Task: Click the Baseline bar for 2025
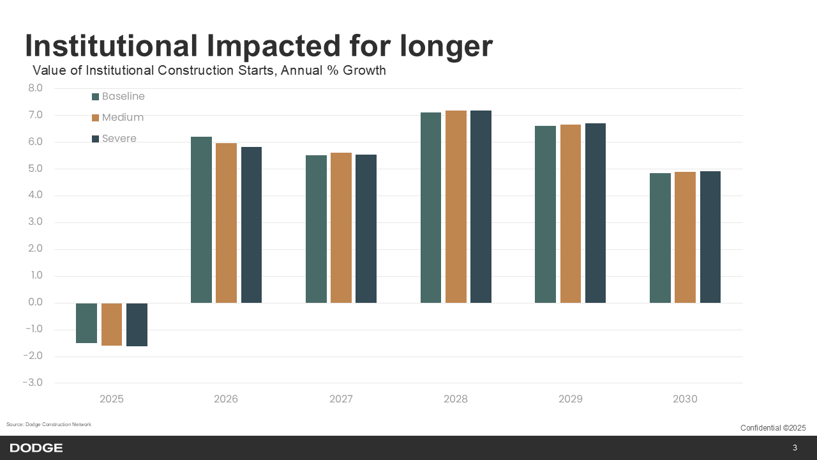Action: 86,323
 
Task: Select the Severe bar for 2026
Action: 251,225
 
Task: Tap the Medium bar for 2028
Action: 456,206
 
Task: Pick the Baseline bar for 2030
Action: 660,238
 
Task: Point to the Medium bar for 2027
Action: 341,227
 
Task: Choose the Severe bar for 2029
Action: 595,213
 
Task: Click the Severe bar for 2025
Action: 137,325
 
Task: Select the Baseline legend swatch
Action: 96,97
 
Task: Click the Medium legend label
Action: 123,118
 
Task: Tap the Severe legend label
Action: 119,139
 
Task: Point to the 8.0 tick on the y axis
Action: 35,88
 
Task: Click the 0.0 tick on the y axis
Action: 35,303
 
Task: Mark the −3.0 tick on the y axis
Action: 33,383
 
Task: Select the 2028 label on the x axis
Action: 456,399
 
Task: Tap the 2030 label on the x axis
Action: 685,399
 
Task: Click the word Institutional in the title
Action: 111,46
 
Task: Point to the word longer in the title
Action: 446,46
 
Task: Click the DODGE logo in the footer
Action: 36,448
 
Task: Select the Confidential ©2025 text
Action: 773,428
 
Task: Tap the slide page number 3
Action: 795,448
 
